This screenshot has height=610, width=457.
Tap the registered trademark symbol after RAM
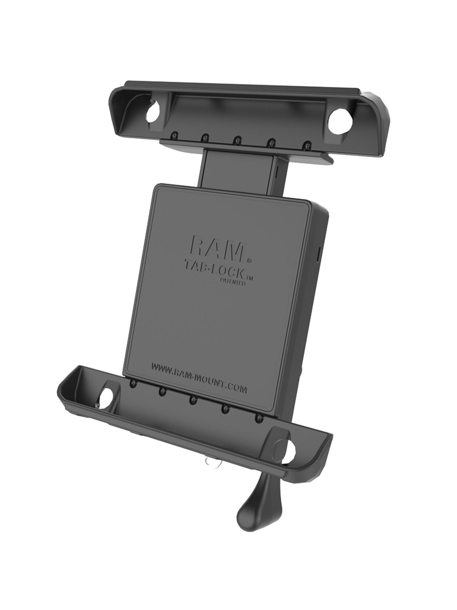249,260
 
